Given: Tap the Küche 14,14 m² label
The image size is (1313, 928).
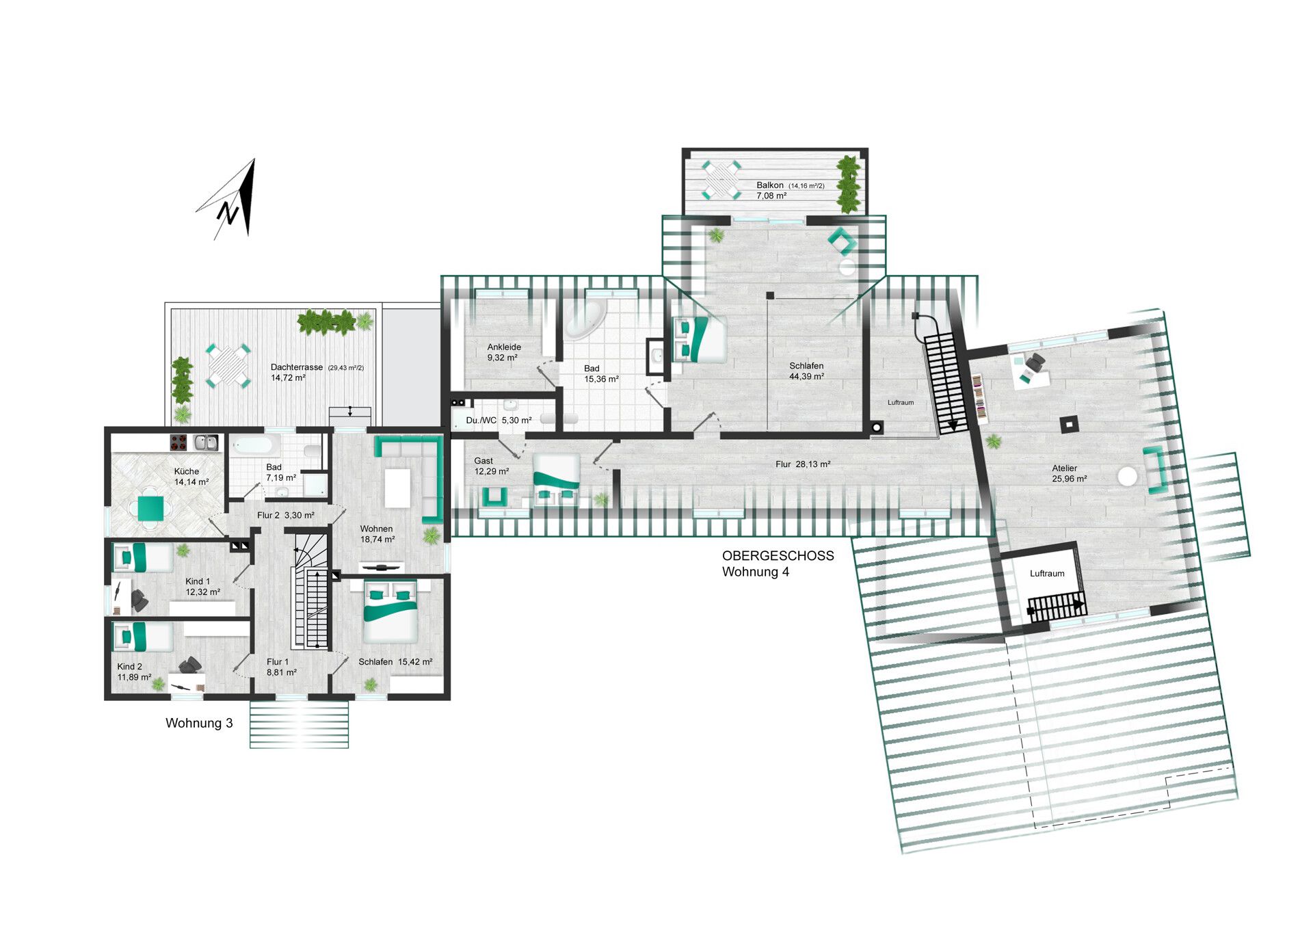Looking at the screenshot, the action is (191, 477).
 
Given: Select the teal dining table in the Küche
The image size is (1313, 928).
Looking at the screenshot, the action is (151, 508).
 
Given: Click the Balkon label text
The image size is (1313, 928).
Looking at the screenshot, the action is (770, 185).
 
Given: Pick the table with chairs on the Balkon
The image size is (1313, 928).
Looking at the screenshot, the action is (722, 180).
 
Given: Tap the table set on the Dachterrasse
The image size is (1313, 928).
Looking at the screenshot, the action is (228, 365).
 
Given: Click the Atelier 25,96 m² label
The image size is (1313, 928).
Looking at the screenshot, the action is (1068, 473).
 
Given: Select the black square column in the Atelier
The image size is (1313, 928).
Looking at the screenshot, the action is (1068, 425).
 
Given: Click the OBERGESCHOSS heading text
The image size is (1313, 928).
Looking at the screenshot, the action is (778, 556).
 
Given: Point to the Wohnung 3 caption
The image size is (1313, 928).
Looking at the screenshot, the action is (199, 723).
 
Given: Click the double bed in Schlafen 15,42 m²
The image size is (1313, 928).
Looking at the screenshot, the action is (390, 611).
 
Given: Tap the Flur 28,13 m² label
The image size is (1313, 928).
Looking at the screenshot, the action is (803, 464).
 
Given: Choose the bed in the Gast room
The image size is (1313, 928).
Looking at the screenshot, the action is (556, 479).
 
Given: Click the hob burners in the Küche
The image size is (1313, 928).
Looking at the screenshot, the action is (179, 443).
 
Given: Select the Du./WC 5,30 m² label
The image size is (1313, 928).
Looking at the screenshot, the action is (499, 420).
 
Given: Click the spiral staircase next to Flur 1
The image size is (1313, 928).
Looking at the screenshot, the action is (309, 591).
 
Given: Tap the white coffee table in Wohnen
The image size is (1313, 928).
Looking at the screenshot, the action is (397, 488).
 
